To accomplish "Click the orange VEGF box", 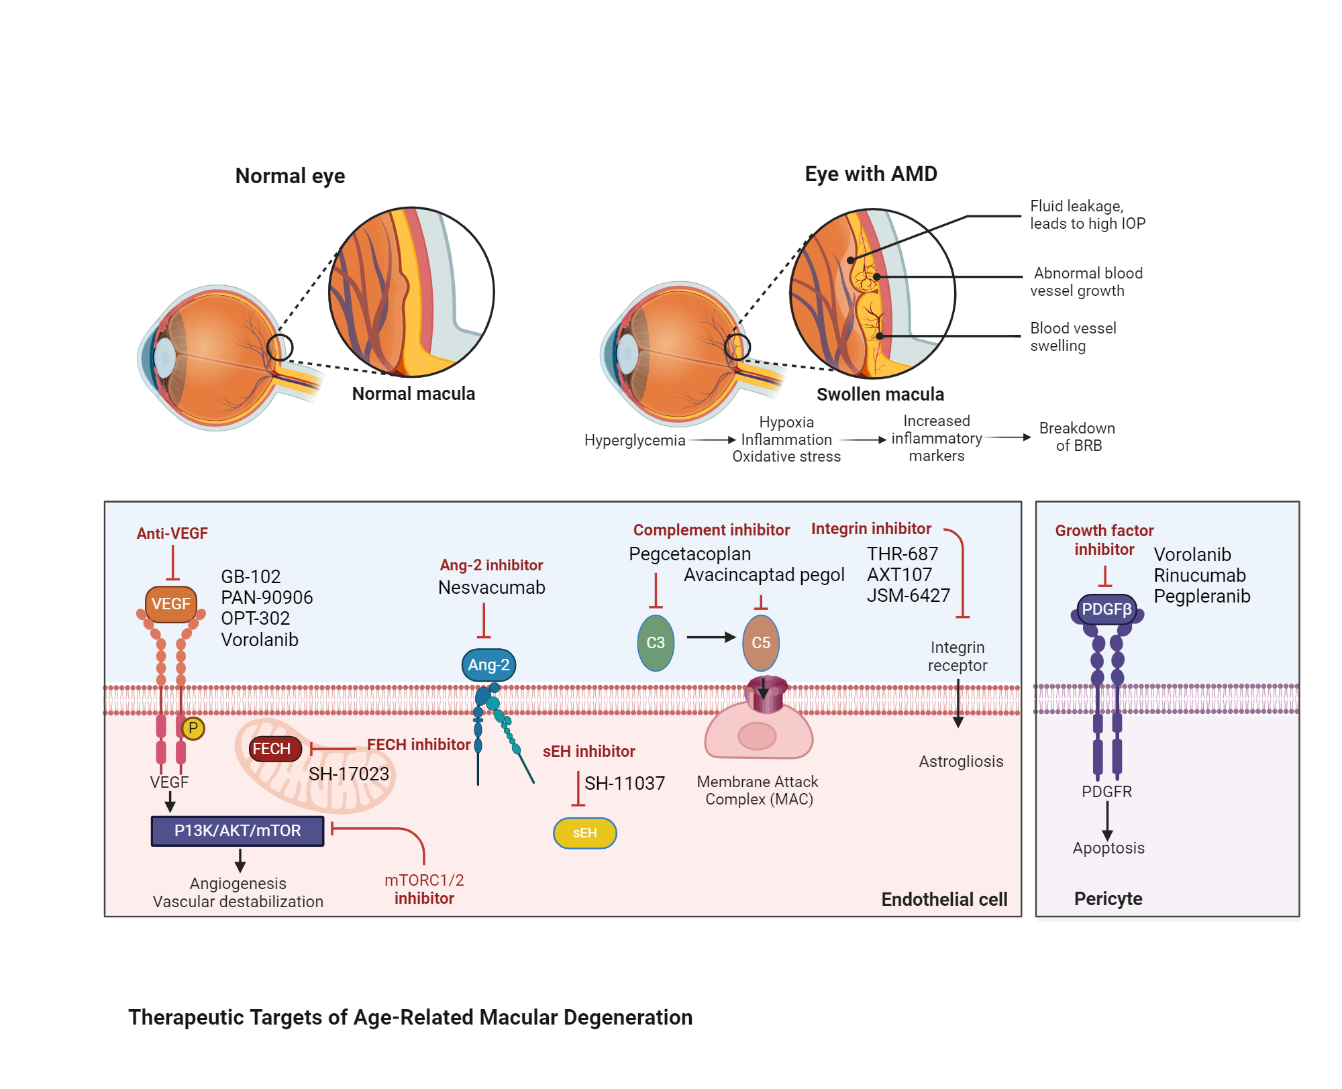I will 170,604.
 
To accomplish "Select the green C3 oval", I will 655,643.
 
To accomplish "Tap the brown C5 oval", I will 760,643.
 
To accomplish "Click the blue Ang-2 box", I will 488,665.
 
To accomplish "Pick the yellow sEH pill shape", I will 584,833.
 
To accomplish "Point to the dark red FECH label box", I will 272,749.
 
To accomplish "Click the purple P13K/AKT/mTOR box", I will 238,831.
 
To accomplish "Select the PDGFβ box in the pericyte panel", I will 1106,609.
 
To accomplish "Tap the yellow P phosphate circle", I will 193,728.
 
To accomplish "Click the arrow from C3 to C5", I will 711,637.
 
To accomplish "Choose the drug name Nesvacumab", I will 491,588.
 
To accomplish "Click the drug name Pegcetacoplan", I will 689,554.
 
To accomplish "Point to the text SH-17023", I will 349,774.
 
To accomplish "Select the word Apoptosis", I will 1108,848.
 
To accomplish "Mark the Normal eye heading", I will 290,176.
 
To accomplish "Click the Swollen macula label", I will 880,395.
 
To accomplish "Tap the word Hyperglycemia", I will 634,441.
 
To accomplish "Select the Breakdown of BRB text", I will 1078,437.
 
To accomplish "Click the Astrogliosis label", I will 961,762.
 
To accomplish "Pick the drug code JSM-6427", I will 908,596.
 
